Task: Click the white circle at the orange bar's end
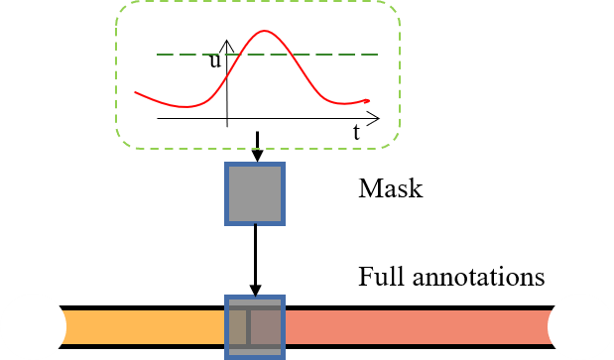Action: click(33, 326)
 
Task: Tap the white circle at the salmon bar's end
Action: click(580, 326)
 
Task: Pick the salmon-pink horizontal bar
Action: click(417, 327)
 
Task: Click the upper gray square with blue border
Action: click(255, 193)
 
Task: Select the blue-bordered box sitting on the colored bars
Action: click(255, 326)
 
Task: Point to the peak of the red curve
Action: click(264, 32)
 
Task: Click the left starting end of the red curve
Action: click(136, 92)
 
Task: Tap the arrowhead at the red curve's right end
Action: click(369, 100)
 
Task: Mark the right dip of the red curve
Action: click(342, 103)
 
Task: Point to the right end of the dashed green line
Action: click(378, 55)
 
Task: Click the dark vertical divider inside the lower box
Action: click(248, 327)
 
